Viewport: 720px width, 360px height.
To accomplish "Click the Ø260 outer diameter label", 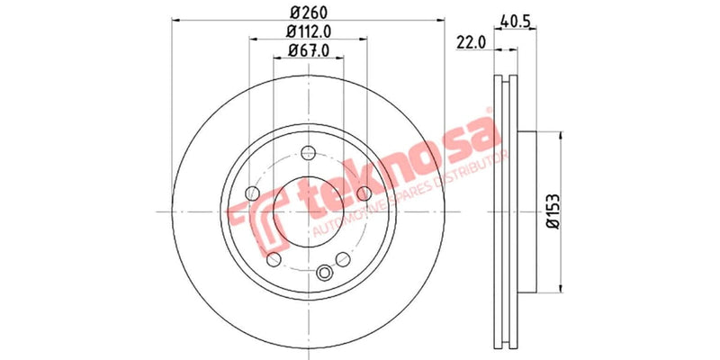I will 306,13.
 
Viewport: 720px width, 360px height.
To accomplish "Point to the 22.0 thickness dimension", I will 472,40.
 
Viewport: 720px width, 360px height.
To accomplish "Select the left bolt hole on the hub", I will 253,193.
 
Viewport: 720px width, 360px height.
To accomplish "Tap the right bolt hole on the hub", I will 364,193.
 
